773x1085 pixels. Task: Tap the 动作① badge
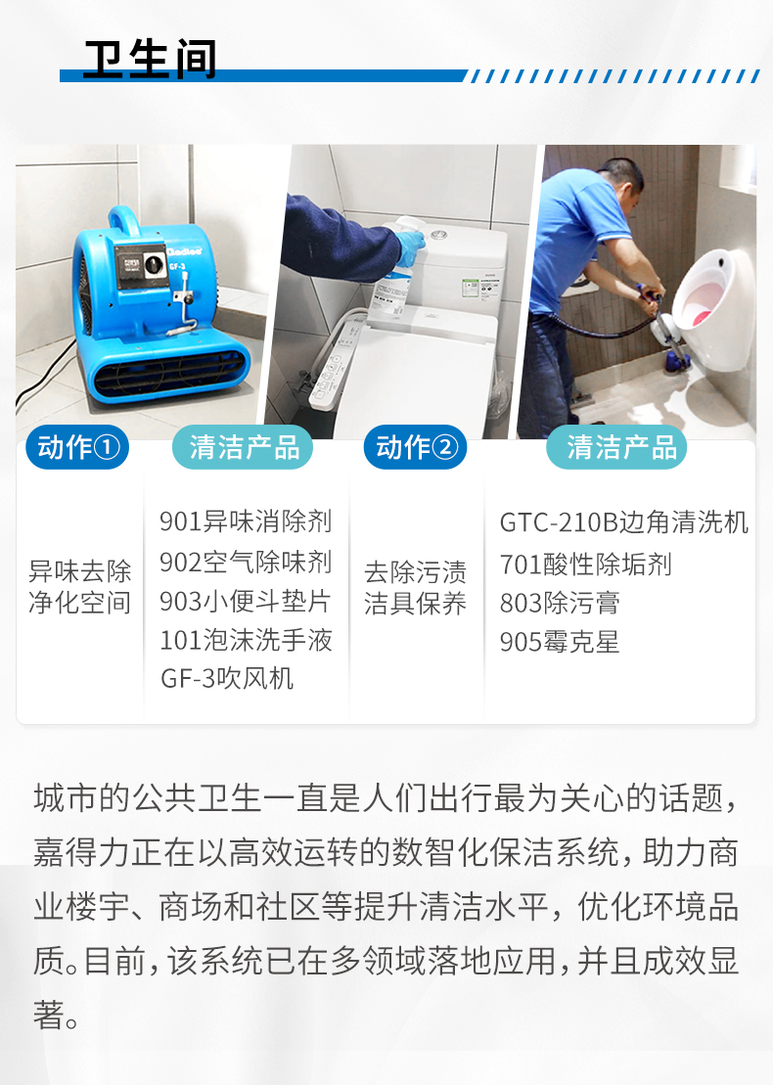[77, 447]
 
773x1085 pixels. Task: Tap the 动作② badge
[415, 447]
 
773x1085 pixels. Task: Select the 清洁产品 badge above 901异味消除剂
[243, 447]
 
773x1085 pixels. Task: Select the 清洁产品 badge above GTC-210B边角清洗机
[616, 447]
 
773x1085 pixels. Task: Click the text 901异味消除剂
[246, 521]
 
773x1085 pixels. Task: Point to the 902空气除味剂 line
[246, 562]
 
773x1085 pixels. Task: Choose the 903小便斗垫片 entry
[245, 602]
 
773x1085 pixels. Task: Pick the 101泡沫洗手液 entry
[246, 640]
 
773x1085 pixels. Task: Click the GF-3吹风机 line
[227, 679]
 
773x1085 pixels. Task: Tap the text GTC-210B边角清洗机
[623, 523]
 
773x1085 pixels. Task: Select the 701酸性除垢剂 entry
[585, 565]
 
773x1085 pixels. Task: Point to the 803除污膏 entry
[559, 604]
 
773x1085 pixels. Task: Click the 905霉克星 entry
[559, 642]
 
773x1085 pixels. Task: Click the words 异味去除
[79, 571]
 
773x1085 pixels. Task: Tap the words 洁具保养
[415, 604]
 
